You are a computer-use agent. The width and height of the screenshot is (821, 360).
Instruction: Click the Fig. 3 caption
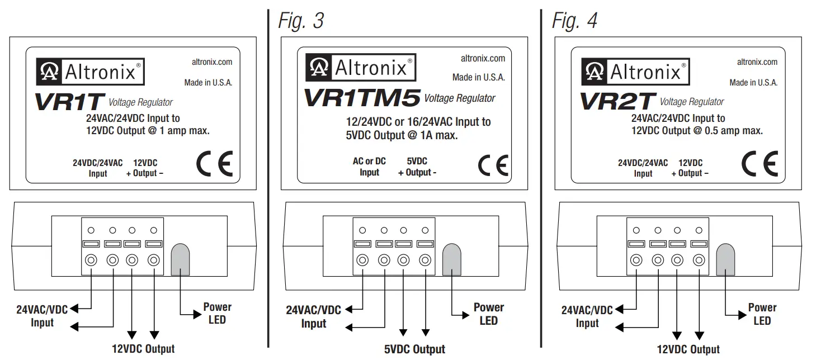tap(301, 21)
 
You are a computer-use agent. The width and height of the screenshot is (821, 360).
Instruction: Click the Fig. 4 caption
tap(574, 21)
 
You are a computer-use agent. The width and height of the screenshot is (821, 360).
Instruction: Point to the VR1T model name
tap(69, 102)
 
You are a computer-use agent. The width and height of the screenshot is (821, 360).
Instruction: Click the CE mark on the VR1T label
tap(214, 164)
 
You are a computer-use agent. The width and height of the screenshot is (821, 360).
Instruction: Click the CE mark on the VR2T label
tap(759, 164)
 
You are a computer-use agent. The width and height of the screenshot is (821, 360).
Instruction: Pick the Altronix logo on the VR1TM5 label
tap(360, 67)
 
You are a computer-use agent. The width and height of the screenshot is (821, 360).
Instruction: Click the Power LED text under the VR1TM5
tap(488, 314)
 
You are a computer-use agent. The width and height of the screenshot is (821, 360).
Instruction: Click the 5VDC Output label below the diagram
tap(414, 349)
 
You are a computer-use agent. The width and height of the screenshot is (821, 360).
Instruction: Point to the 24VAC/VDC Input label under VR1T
tap(42, 316)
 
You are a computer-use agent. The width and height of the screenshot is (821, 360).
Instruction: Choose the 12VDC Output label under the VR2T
tap(689, 349)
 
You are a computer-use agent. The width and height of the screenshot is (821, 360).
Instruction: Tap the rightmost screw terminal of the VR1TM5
tap(425, 260)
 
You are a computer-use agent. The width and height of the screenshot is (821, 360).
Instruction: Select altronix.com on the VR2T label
tap(757, 62)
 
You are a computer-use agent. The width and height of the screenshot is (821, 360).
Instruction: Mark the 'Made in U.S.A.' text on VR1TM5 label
tap(478, 78)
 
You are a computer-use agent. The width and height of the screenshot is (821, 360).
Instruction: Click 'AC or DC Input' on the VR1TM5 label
tap(369, 167)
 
